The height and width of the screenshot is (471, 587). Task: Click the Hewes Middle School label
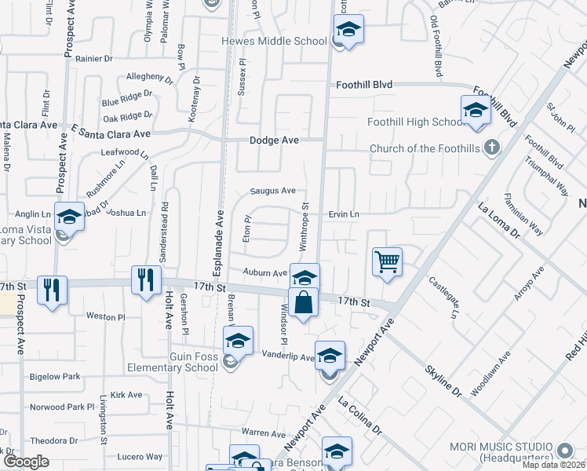coord(274,41)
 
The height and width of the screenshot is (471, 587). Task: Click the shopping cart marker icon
coord(388,261)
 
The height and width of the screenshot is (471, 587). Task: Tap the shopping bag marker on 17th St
coord(304,302)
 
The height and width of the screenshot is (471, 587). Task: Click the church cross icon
coord(492,147)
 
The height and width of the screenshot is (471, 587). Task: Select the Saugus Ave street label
coord(272,190)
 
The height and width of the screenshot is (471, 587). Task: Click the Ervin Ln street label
coord(344,214)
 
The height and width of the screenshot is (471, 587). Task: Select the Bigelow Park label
coord(55,377)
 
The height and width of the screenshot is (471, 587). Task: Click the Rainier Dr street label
coord(95,58)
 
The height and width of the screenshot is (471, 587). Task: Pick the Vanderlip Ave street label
coord(287,356)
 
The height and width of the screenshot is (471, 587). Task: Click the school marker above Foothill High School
coord(476,111)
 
